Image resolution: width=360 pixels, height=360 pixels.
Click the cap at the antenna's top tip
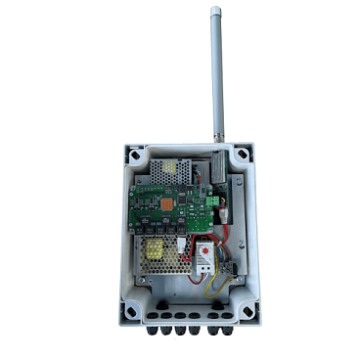214,12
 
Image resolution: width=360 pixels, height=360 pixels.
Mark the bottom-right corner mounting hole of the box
247,311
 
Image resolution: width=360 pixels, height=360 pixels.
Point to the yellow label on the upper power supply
175,168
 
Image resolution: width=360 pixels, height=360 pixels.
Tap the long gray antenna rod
216,78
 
